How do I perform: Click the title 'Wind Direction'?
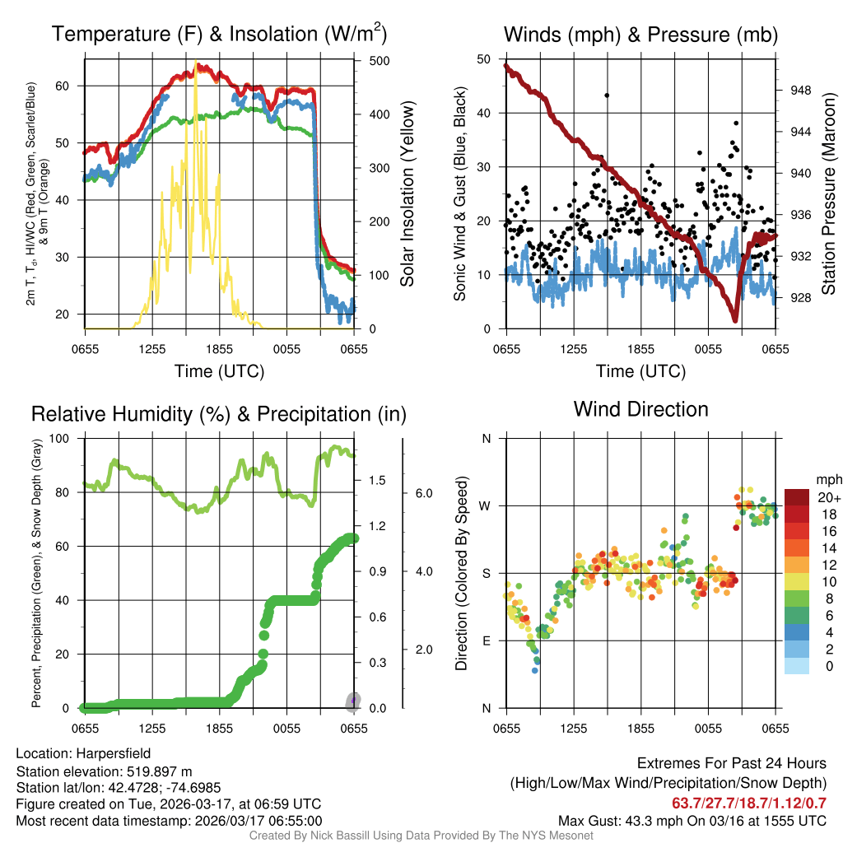[640, 409]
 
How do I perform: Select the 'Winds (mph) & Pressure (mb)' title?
[640, 35]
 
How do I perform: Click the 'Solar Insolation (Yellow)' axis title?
[407, 194]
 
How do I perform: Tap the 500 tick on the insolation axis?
[380, 61]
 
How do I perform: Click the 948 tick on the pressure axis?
[800, 91]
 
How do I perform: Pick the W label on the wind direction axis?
[486, 505]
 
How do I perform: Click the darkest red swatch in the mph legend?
[798, 497]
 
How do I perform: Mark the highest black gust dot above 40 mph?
[607, 95]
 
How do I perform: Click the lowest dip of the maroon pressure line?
[734, 319]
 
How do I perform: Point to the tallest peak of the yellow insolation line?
[195, 63]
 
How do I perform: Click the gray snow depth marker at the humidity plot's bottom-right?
[352, 701]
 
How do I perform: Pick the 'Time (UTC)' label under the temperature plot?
[219, 371]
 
